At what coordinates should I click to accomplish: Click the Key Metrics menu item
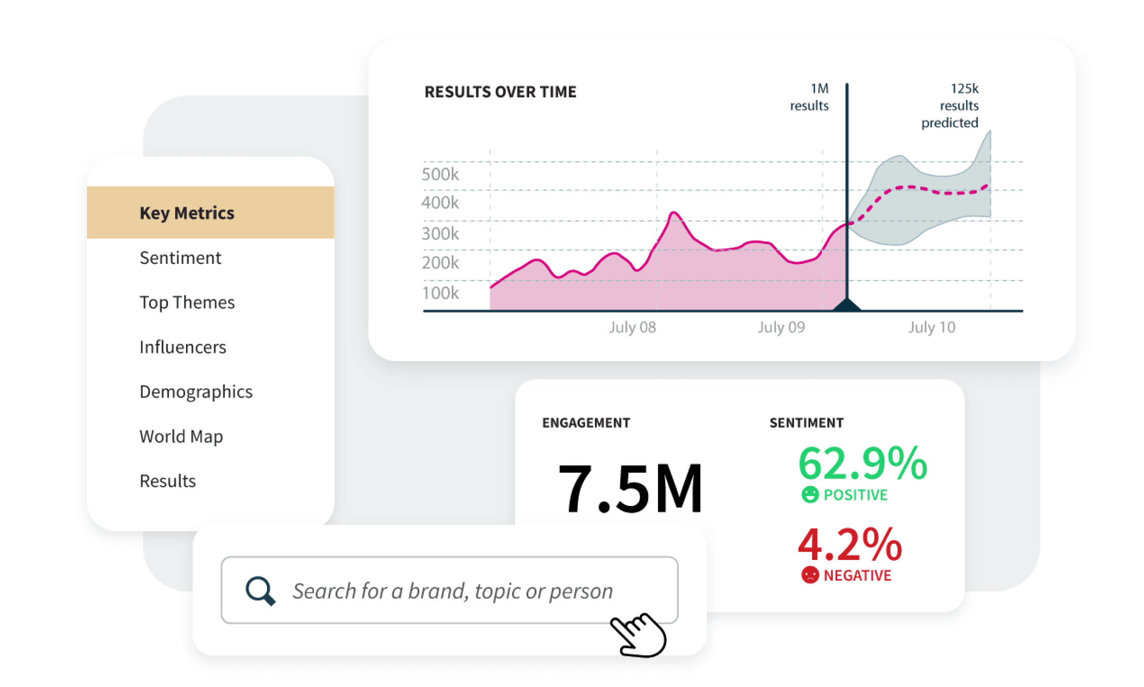pyautogui.click(x=187, y=213)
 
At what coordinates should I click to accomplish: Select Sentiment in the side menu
pyautogui.click(x=180, y=258)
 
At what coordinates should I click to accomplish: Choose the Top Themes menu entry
pyautogui.click(x=187, y=302)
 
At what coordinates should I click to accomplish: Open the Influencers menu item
pyautogui.click(x=183, y=347)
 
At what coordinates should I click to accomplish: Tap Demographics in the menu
pyautogui.click(x=196, y=392)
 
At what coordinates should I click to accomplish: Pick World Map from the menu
pyautogui.click(x=181, y=436)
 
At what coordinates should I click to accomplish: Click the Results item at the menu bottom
pyautogui.click(x=168, y=481)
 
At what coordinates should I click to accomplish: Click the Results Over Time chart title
pyautogui.click(x=500, y=92)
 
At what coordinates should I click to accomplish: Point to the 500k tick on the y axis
pyautogui.click(x=440, y=174)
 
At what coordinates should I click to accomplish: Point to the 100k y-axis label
pyautogui.click(x=440, y=293)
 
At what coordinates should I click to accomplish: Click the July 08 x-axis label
pyautogui.click(x=632, y=327)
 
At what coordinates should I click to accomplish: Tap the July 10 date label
pyautogui.click(x=931, y=327)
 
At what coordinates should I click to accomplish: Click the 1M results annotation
pyautogui.click(x=809, y=97)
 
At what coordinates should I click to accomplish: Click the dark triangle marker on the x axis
pyautogui.click(x=847, y=305)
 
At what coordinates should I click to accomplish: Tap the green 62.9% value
pyautogui.click(x=862, y=463)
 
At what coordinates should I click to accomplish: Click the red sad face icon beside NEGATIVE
pyautogui.click(x=810, y=575)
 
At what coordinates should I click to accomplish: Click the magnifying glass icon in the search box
pyautogui.click(x=260, y=590)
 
